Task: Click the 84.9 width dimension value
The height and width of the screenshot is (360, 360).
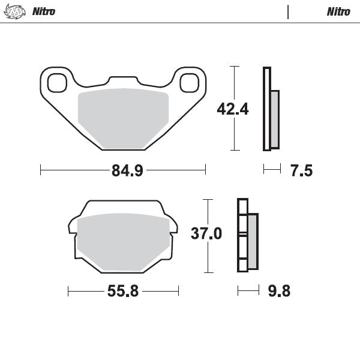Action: (x=127, y=171)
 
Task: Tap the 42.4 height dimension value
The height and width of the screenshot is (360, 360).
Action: (x=215, y=109)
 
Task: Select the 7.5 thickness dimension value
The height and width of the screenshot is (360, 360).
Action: (x=301, y=171)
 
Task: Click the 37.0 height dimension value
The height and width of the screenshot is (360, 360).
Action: (x=206, y=233)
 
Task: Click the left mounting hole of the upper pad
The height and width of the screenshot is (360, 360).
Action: (x=57, y=82)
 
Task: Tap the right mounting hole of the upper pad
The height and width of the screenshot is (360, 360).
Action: (x=188, y=82)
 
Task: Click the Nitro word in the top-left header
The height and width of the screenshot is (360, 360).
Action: (x=43, y=11)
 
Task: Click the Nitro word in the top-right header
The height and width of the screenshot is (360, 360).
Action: (x=338, y=11)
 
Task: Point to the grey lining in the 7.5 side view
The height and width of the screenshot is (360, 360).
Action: (x=275, y=119)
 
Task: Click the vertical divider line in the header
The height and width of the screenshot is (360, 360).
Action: (x=289, y=11)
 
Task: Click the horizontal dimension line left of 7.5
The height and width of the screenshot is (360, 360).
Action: (x=272, y=170)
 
